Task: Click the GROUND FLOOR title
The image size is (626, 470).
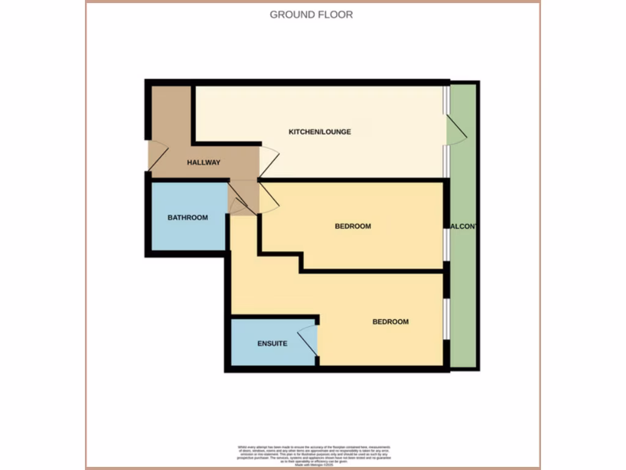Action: pos(311,14)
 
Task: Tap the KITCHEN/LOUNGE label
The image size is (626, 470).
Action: pos(320,132)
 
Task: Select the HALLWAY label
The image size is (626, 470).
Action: pos(204,162)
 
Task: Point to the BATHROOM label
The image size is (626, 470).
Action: pos(188,217)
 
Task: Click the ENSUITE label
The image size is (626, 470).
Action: pos(272,343)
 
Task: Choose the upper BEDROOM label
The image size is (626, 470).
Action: pos(353,226)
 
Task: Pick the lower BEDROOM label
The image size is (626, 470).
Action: pos(390,322)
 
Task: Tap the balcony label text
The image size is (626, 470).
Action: pos(463,226)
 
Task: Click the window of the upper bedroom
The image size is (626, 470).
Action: pos(447,245)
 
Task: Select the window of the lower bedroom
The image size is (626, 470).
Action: pos(447,318)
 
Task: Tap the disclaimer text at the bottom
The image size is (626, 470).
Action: pos(312,456)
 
